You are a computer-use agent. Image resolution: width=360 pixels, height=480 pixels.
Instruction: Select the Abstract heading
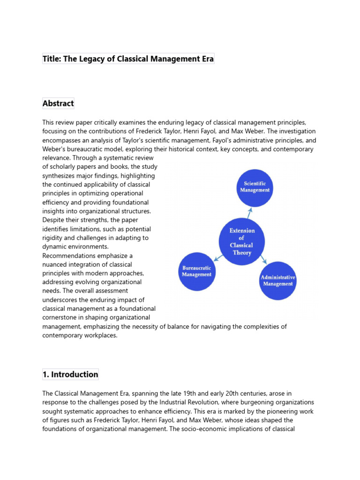click(x=58, y=104)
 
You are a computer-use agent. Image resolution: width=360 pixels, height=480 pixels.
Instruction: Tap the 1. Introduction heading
click(x=70, y=375)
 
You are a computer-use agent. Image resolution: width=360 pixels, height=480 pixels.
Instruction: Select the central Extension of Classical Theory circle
click(x=242, y=242)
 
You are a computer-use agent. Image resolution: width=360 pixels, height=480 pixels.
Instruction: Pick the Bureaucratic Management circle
click(x=196, y=271)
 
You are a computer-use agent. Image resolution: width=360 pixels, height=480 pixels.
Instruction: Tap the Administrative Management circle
click(x=278, y=280)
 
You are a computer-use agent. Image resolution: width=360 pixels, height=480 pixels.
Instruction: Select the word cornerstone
click(x=61, y=318)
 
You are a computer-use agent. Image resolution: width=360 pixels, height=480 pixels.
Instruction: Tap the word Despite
click(x=53, y=220)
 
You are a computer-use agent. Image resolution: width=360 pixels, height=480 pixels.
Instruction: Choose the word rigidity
click(x=53, y=238)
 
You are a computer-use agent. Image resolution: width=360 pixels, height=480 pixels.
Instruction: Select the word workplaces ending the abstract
click(x=100, y=336)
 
